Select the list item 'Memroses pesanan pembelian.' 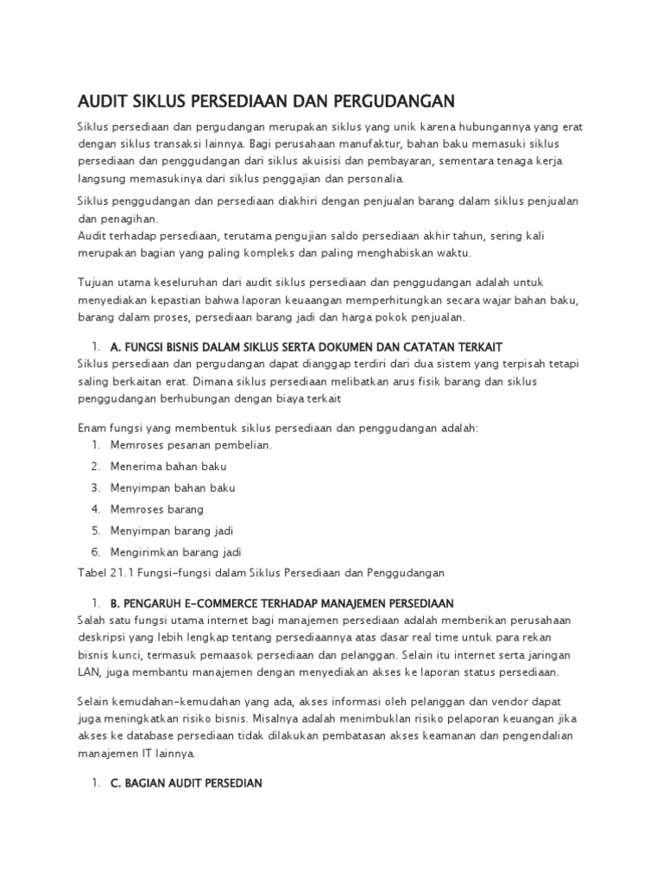191,445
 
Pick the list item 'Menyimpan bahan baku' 173,488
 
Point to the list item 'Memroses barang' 157,509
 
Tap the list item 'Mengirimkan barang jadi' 175,551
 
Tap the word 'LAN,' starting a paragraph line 90,672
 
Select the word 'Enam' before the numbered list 92,429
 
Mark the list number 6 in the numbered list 95,551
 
